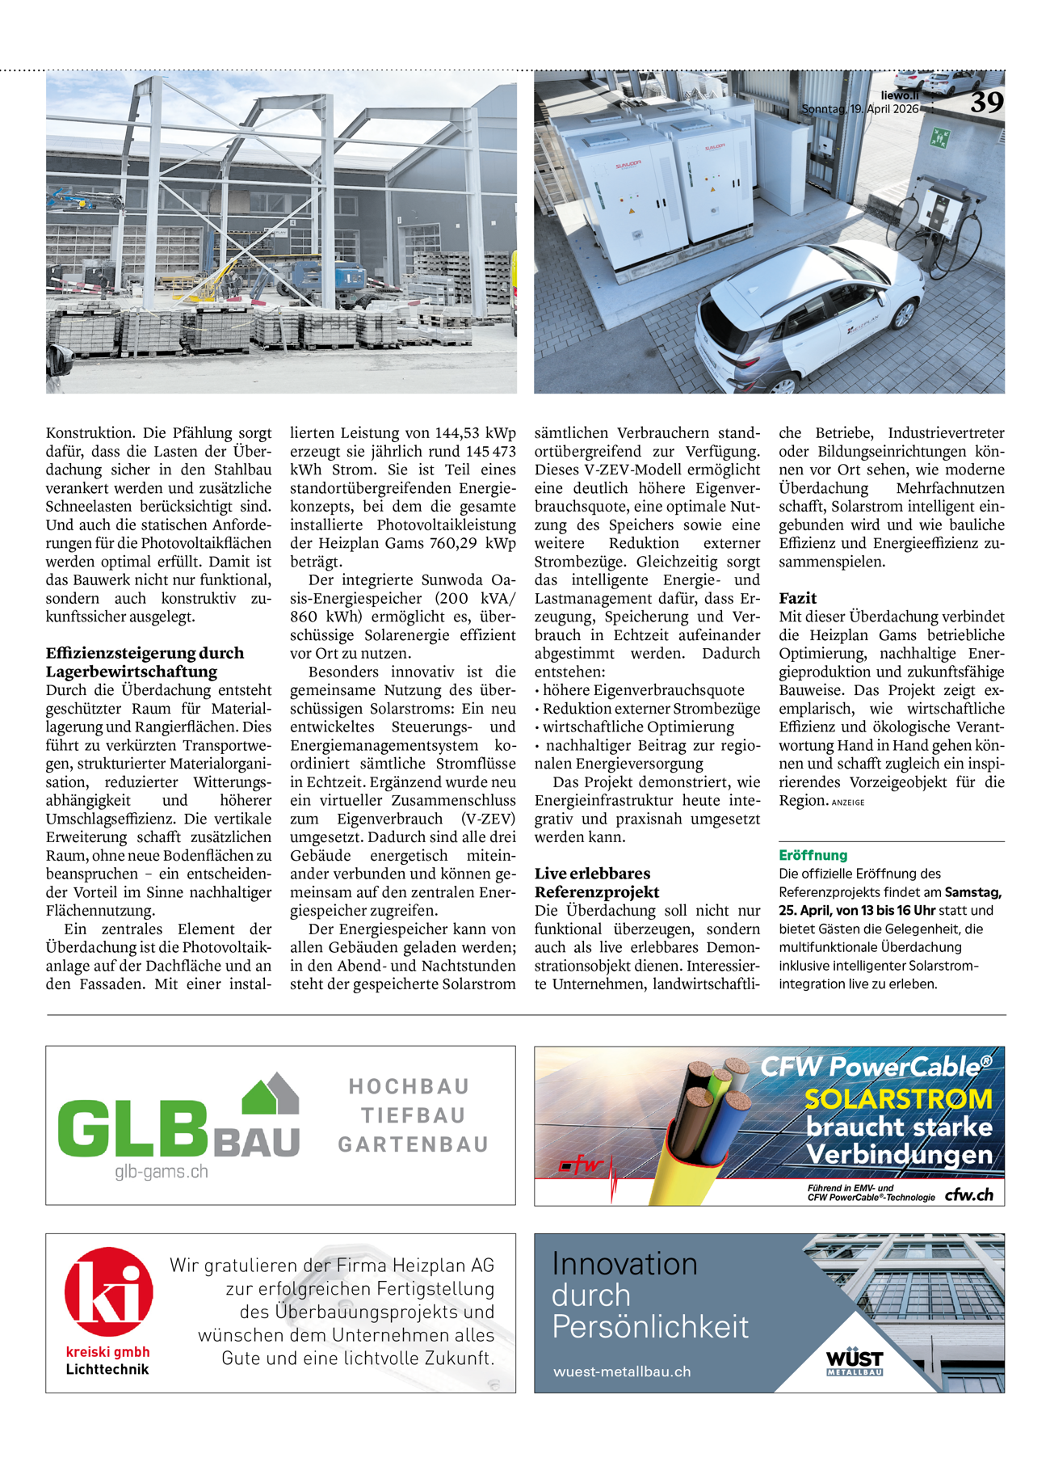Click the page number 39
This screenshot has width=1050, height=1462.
(x=986, y=103)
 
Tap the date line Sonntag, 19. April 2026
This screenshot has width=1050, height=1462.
(x=859, y=109)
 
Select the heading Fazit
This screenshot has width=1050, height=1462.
(x=797, y=598)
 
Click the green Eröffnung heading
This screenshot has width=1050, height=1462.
(x=813, y=855)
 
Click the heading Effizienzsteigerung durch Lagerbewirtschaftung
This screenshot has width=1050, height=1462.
(x=145, y=662)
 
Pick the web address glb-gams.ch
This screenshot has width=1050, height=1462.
(x=161, y=1172)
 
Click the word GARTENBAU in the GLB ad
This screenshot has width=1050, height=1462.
(x=414, y=1144)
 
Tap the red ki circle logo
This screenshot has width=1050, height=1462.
(x=109, y=1291)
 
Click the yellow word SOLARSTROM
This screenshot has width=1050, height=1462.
(x=898, y=1099)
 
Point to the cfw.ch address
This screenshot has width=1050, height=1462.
(x=968, y=1194)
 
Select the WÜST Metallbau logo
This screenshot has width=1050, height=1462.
(x=855, y=1361)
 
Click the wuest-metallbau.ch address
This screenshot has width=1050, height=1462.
(x=622, y=1371)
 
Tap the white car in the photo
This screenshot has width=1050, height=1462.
(x=808, y=323)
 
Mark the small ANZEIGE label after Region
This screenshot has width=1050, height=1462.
(x=848, y=803)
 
